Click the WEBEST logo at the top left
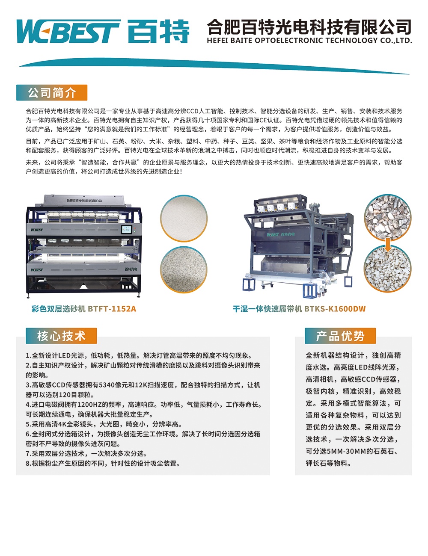click(x=68, y=31)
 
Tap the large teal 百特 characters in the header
click(x=158, y=31)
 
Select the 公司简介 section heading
click(x=52, y=93)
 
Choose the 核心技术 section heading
click(x=61, y=336)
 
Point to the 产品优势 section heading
click(x=340, y=336)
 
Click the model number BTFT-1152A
click(x=112, y=309)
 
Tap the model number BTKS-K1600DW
click(x=335, y=309)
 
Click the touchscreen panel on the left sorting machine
click(x=126, y=229)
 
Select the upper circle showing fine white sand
click(x=184, y=218)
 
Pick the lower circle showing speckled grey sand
click(x=184, y=270)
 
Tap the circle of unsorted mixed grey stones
click(x=388, y=218)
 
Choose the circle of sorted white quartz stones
click(x=388, y=269)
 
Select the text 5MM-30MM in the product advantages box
click(x=346, y=451)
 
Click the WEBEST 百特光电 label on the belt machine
click(x=281, y=234)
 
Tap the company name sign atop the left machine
click(x=84, y=200)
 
